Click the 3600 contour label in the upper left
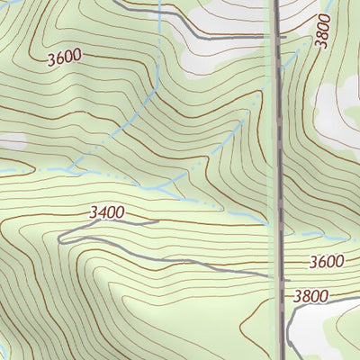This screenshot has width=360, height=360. tap(63, 57)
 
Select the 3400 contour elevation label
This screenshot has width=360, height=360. tap(107, 212)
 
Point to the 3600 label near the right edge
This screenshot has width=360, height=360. tap(326, 262)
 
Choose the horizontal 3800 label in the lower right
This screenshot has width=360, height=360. tap(310, 295)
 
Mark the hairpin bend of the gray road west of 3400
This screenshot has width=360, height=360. tap(59, 238)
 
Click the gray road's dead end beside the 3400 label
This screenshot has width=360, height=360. tap(158, 221)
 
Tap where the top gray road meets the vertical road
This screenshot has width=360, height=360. tap(275, 38)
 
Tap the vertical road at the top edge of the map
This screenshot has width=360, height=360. tap(274, 3)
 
